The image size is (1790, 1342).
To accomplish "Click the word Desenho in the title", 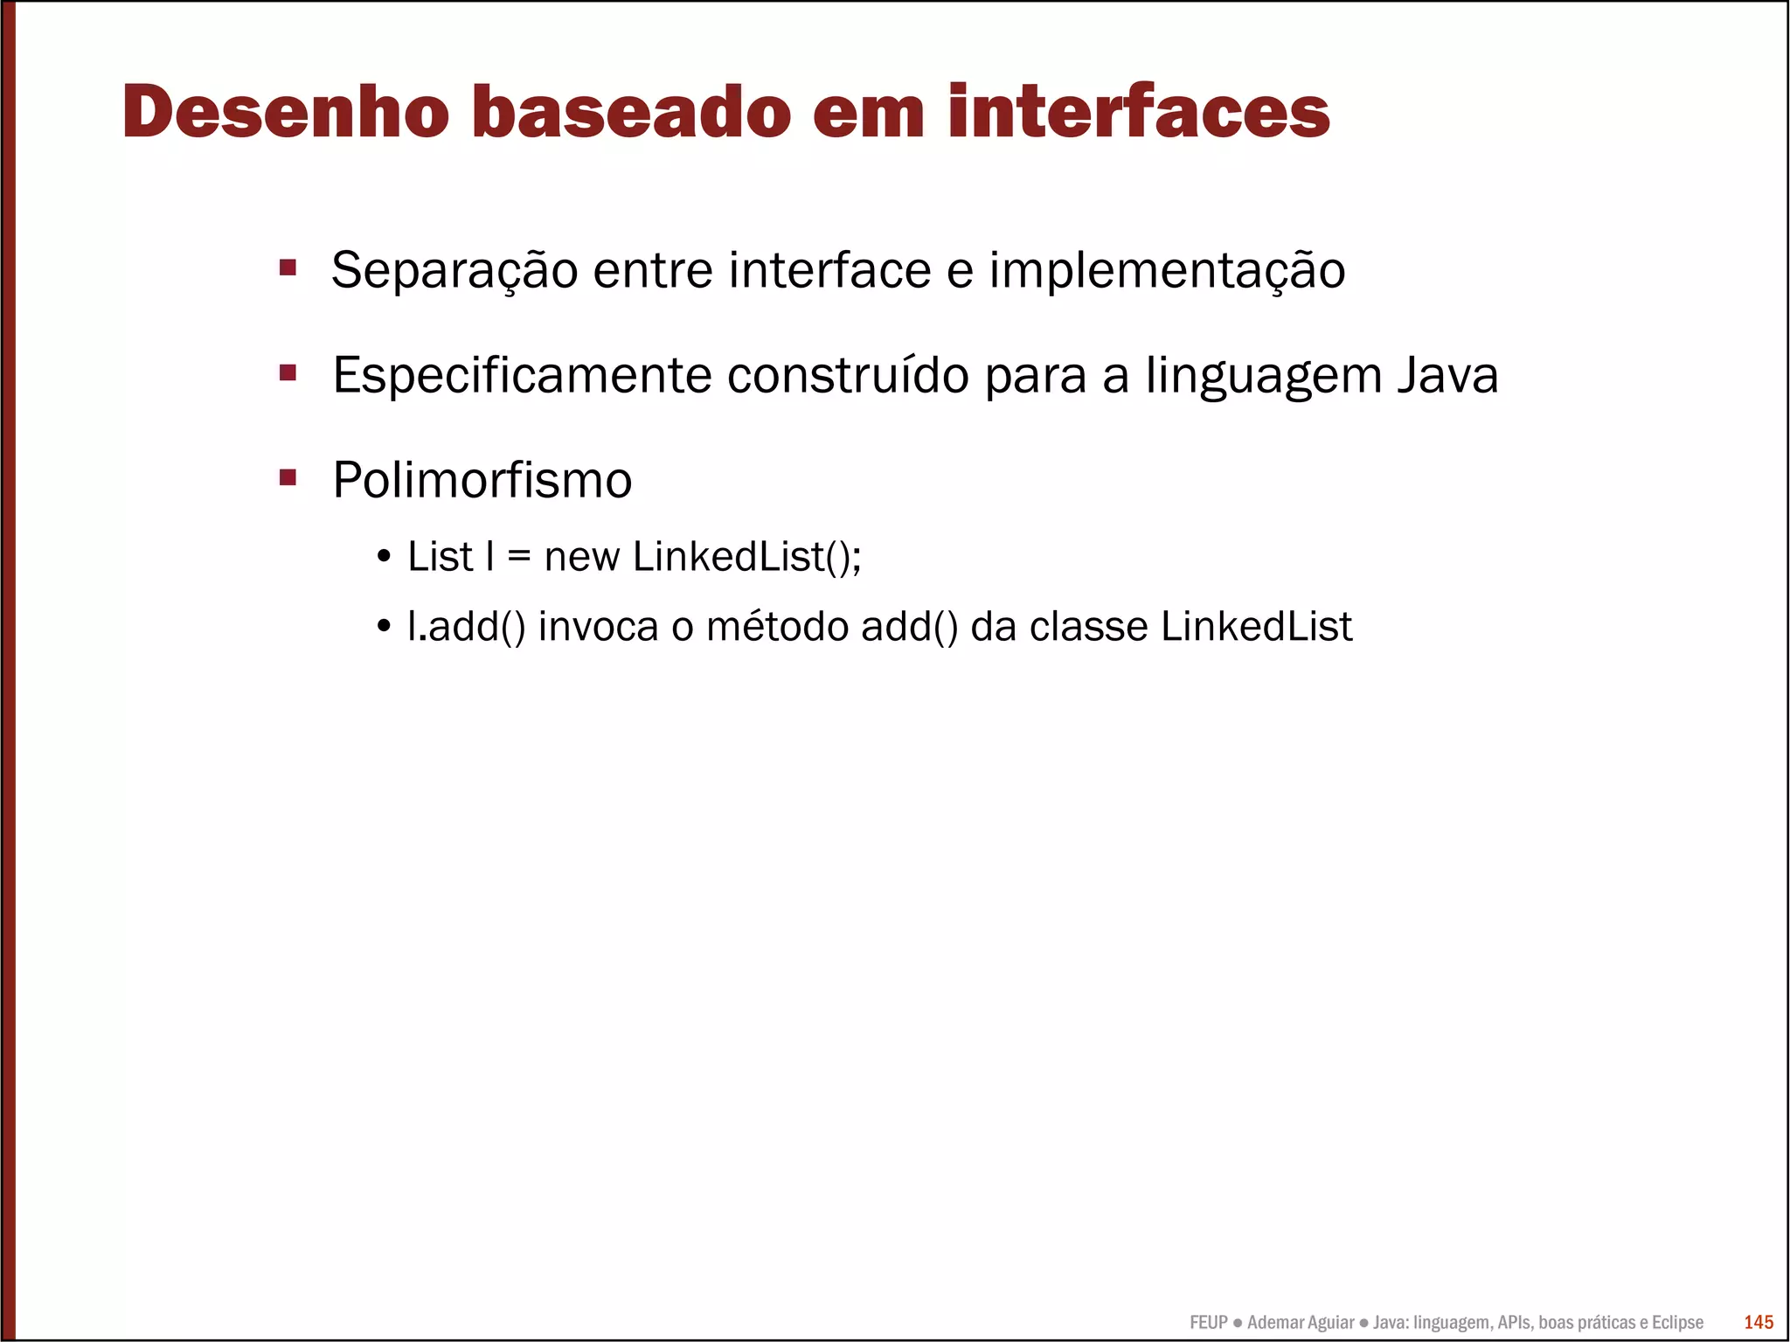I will pos(286,112).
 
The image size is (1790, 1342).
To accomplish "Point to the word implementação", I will pos(1167,270).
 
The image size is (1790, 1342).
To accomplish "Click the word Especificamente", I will pos(522,376).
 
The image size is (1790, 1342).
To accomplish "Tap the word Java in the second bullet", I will pos(1447,376).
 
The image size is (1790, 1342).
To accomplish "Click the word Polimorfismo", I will pos(482,480).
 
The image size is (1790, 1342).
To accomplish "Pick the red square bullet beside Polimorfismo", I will pos(288,477).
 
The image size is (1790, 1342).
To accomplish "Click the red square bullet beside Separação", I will pos(288,267).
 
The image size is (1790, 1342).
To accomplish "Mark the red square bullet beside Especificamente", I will pos(288,373).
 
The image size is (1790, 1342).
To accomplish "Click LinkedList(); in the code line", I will pos(747,557).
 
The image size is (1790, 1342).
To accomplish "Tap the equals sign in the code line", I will pos(519,558).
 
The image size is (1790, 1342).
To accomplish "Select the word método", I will pos(777,627).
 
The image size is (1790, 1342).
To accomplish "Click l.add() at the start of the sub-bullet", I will pos(467,627).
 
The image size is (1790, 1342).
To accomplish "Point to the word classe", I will pos(1088,627).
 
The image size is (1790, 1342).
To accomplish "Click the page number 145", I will pos(1759,1322).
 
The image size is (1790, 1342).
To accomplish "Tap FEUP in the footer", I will pos(1209,1322).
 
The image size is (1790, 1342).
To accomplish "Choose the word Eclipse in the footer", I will pos(1677,1322).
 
